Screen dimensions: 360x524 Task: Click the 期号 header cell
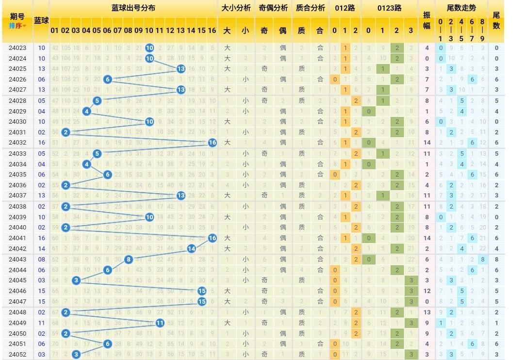17,16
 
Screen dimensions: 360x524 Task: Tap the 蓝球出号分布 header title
133,8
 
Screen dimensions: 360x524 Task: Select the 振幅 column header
426,20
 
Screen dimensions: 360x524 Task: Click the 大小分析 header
236,8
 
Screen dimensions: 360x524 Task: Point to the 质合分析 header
311,8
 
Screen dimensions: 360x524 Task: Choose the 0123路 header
389,8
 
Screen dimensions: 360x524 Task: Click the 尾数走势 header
461,8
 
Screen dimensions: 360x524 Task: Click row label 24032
17,143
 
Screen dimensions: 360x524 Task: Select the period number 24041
17,238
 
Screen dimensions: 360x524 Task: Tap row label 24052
17,354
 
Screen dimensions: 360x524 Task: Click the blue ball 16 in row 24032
212,143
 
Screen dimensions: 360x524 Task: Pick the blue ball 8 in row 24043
128,259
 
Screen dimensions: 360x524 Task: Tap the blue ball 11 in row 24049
160,323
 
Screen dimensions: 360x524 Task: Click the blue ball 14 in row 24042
191,248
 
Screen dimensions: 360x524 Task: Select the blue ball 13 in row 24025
180,69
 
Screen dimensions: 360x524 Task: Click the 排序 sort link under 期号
17,25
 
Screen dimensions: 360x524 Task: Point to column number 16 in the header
212,30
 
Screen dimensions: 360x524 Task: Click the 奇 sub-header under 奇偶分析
264,30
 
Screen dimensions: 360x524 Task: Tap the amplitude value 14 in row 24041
426,238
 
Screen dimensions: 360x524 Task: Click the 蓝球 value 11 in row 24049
41,323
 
